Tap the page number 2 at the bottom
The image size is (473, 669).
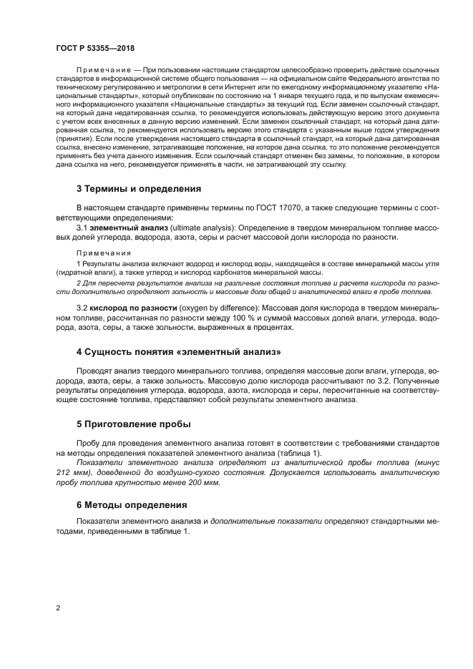click(58, 608)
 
